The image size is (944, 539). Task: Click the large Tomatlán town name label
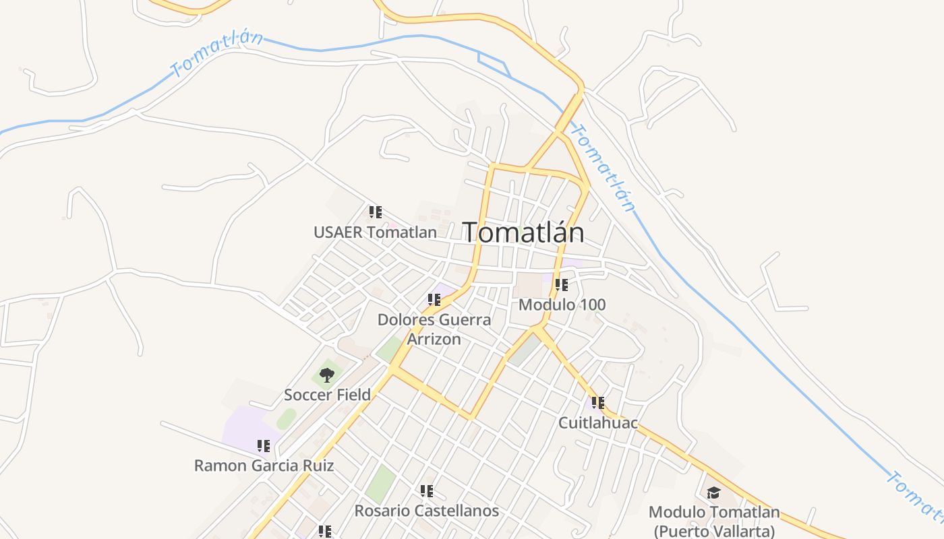(523, 232)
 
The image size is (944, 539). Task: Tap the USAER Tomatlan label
(375, 232)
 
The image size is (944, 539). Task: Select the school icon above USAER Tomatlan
(376, 212)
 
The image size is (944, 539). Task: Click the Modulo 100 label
(562, 305)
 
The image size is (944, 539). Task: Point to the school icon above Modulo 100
(561, 284)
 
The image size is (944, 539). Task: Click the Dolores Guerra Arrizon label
(434, 329)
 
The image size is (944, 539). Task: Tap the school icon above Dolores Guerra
(434, 299)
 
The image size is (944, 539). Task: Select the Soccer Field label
(327, 395)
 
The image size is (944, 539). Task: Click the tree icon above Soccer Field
(327, 375)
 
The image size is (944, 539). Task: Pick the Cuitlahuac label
(598, 423)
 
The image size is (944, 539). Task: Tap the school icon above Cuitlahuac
(597, 403)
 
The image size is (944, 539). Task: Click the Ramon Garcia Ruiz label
(264, 466)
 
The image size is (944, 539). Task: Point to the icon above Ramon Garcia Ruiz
(264, 445)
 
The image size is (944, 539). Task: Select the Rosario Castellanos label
(427, 511)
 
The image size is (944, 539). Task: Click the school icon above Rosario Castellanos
(427, 490)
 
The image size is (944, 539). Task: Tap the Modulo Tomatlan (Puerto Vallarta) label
(714, 521)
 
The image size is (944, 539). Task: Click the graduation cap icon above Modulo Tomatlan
(713, 493)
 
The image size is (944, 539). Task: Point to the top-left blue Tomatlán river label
(216, 54)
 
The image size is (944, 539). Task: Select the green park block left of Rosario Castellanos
(381, 483)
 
